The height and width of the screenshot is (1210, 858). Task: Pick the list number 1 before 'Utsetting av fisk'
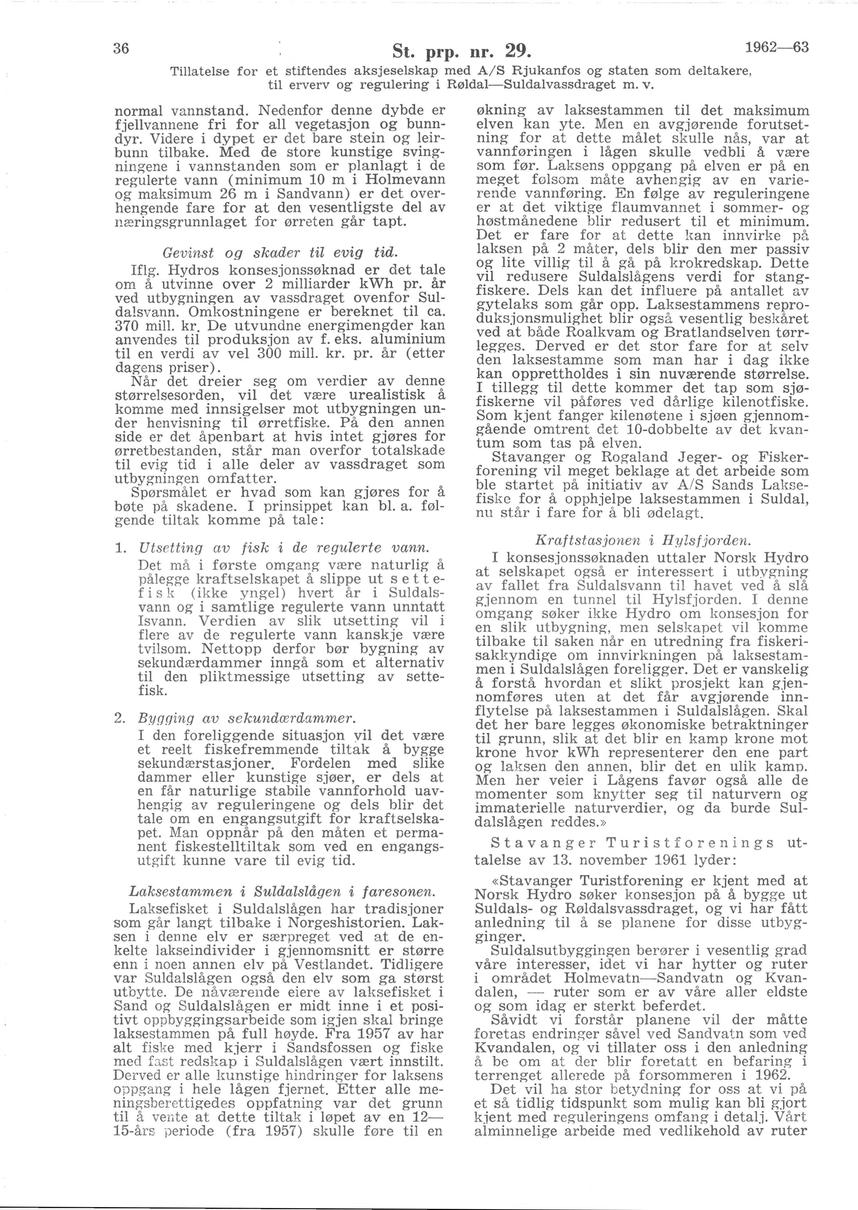pyautogui.click(x=120, y=548)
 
